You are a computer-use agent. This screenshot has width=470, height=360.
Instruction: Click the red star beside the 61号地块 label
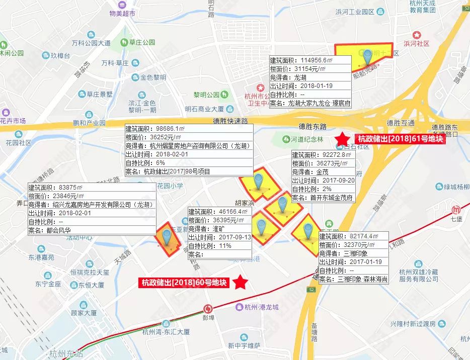coord(343,138)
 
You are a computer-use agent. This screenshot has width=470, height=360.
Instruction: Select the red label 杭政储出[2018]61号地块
coord(401,139)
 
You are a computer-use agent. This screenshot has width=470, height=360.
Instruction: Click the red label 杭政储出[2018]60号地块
coord(184,283)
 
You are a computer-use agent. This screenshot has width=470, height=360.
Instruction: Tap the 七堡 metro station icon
coord(456,210)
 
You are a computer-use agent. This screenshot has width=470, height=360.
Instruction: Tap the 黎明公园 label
coord(207,95)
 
